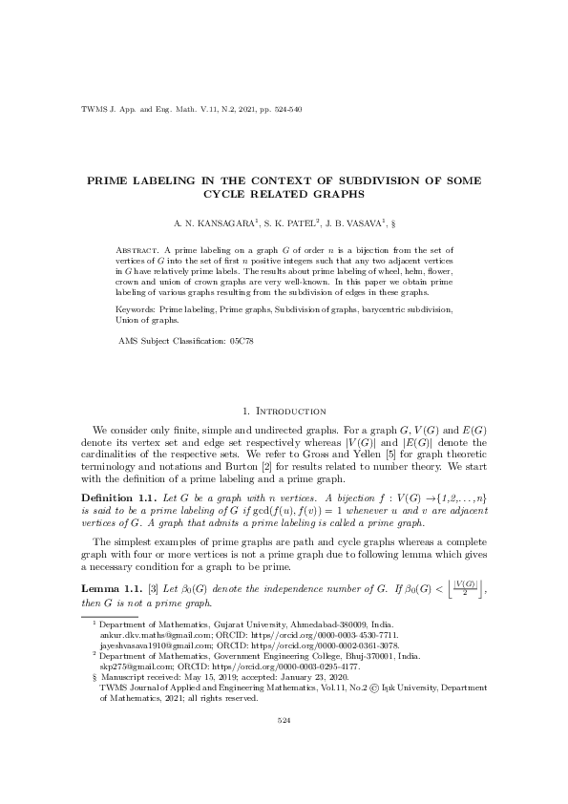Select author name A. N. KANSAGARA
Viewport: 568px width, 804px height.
pos(219,219)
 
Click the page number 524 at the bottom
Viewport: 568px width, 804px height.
pos(284,745)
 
